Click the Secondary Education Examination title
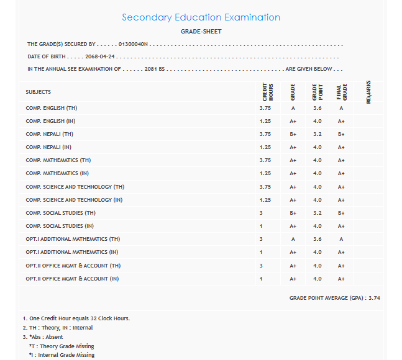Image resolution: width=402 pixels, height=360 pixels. [x=201, y=17]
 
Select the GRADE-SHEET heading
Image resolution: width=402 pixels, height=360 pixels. [x=201, y=32]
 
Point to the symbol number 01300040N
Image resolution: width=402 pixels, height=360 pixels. [x=134, y=45]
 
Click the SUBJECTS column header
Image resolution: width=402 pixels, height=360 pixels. [x=39, y=92]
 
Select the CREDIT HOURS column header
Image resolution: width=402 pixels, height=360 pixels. [x=267, y=92]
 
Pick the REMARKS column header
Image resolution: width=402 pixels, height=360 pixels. [x=368, y=92]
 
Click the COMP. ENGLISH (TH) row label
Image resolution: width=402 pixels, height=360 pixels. [x=52, y=108]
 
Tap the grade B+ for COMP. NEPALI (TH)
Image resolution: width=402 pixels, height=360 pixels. [x=293, y=134]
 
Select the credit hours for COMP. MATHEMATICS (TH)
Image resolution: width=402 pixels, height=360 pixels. [x=265, y=160]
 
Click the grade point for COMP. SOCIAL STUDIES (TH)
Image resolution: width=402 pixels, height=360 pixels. [x=317, y=213]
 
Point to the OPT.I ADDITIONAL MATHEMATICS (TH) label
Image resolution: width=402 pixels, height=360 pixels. [x=73, y=239]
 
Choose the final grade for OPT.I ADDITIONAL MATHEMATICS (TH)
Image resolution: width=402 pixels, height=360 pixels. [x=341, y=239]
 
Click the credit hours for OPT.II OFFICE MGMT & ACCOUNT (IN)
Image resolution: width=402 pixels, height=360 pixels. [x=262, y=279]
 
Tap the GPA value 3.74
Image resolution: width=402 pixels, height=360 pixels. [x=374, y=298]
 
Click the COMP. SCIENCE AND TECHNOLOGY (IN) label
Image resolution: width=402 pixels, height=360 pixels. [x=74, y=200]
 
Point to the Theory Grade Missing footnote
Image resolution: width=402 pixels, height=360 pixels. [x=62, y=346]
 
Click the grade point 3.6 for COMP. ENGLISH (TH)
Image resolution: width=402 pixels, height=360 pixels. [x=317, y=108]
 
